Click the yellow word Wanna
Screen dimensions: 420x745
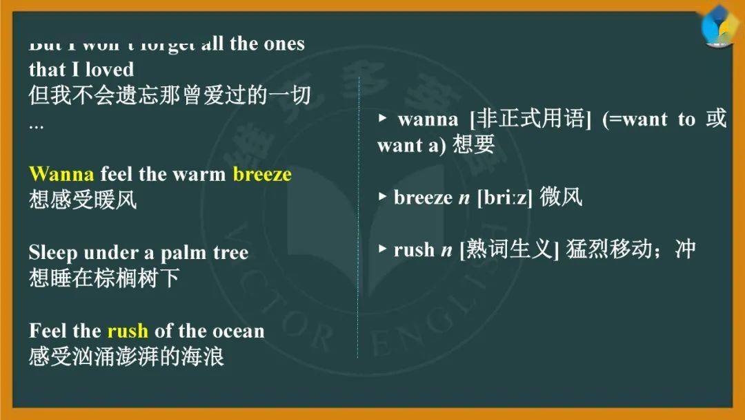pos(62,173)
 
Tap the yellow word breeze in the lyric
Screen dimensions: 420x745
pos(262,173)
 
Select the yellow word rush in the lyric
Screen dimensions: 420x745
pos(128,331)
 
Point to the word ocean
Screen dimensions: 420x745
pos(238,331)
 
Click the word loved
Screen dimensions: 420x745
pos(108,69)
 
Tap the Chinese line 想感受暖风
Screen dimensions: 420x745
pos(83,200)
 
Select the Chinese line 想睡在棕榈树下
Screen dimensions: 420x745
pos(103,278)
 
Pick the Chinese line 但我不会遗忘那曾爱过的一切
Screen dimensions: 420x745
pos(169,95)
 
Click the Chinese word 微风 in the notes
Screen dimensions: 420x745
pos(561,198)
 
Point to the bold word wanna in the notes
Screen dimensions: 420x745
pos(428,120)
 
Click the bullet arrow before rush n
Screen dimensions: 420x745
pos(383,249)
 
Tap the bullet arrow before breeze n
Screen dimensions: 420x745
pos(383,197)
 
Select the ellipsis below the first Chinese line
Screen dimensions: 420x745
pos(36,126)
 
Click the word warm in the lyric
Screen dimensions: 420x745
pos(199,173)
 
